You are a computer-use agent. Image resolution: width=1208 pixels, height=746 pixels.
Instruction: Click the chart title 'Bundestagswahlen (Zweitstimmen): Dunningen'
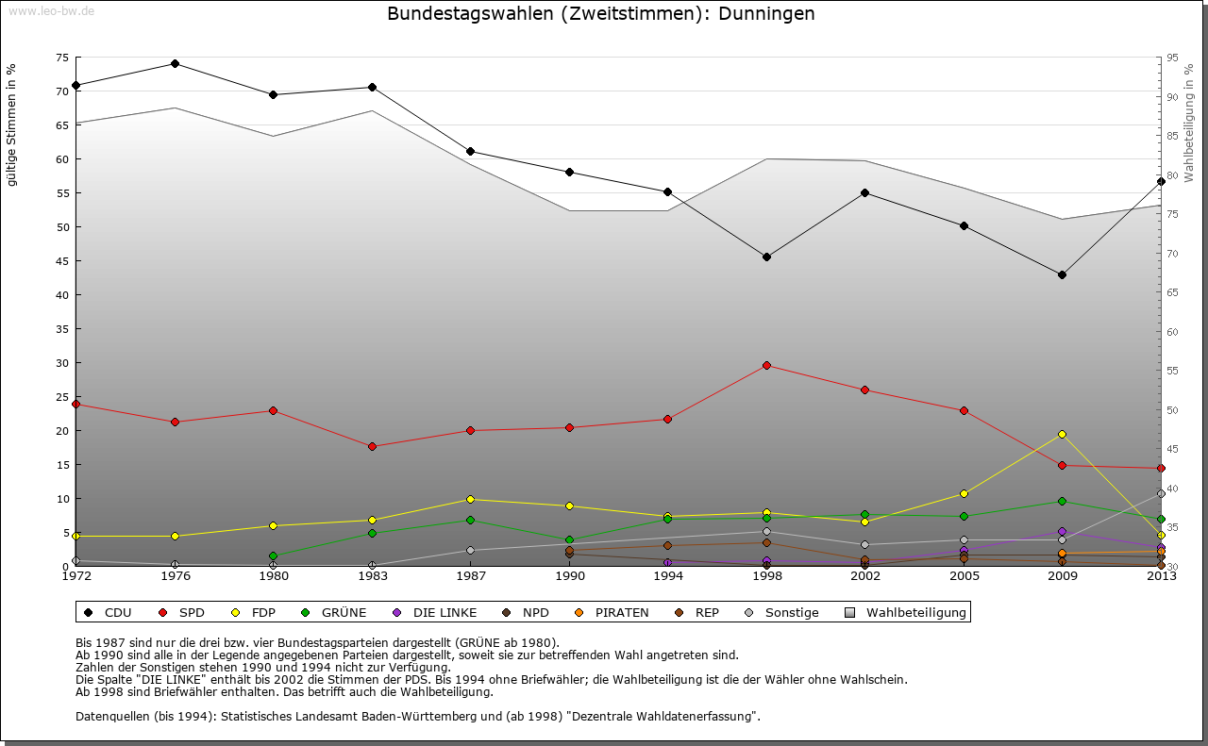(600, 14)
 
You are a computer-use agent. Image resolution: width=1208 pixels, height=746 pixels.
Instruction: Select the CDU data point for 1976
(175, 64)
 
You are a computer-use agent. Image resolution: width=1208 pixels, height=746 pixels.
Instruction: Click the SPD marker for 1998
(766, 366)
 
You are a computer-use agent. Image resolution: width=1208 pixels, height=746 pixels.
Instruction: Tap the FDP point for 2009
(1063, 434)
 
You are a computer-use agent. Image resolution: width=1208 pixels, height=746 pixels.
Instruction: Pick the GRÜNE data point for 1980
(273, 556)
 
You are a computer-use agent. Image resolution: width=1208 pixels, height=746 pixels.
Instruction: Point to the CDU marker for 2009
(1063, 275)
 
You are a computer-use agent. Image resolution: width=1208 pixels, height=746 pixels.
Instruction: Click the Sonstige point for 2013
(1161, 494)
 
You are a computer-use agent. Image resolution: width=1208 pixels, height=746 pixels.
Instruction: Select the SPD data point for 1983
(372, 447)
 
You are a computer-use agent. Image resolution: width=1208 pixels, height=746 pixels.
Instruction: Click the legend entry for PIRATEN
(621, 613)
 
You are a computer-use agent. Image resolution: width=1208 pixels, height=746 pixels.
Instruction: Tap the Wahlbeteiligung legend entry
(915, 613)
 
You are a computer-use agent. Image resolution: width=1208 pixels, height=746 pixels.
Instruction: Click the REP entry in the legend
(706, 613)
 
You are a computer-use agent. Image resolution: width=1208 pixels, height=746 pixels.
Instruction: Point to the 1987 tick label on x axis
(470, 576)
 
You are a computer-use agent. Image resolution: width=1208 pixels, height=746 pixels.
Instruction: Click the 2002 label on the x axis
(864, 576)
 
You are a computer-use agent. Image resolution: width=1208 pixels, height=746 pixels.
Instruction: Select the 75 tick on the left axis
(62, 58)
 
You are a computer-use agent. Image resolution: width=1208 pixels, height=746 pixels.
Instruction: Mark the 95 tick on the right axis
(1172, 58)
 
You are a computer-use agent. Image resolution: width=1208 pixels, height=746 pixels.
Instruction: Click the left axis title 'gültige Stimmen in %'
(12, 124)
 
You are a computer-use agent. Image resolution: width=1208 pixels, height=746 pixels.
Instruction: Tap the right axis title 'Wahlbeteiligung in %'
(1189, 123)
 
